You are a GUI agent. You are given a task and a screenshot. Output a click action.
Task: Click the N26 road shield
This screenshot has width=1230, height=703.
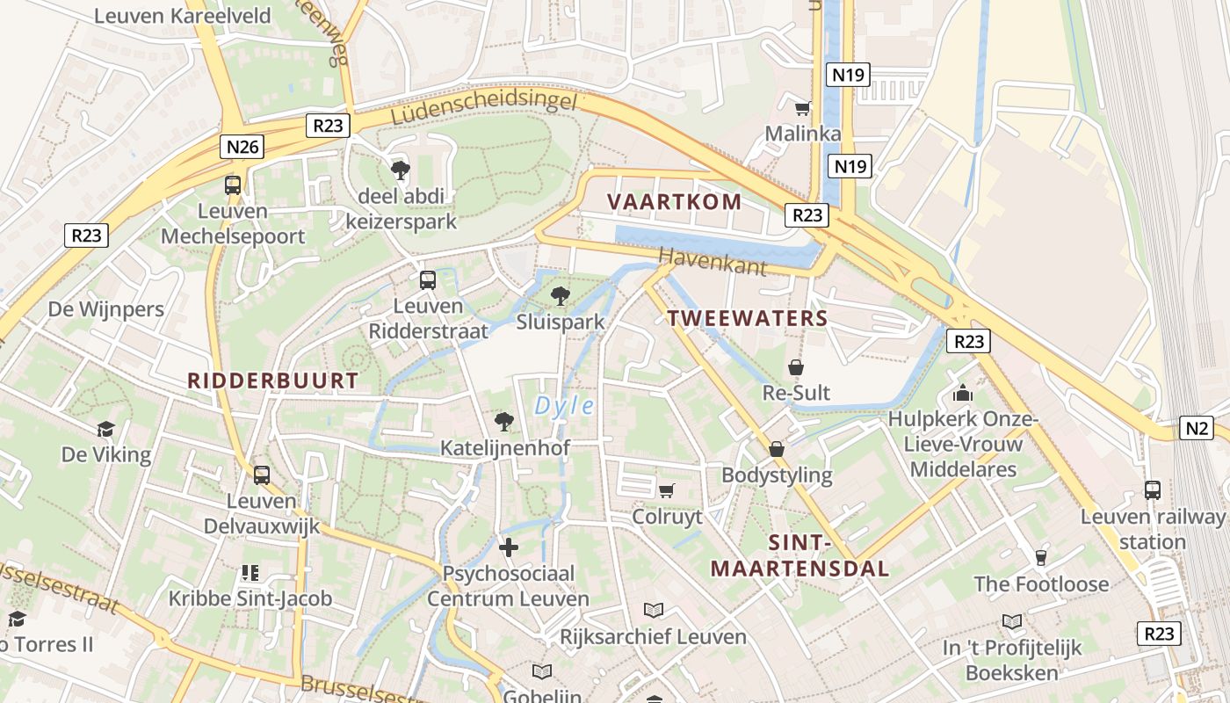(242, 147)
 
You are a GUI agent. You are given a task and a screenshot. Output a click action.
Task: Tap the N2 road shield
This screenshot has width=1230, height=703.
(1196, 428)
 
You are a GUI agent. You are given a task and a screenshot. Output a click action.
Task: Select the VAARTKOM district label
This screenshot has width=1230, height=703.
(674, 201)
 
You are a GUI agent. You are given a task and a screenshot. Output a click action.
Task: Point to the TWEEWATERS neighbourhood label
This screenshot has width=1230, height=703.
(748, 318)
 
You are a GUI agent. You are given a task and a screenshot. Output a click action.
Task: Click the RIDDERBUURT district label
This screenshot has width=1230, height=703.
(273, 380)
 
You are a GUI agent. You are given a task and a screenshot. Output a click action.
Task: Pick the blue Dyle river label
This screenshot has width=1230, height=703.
(564, 406)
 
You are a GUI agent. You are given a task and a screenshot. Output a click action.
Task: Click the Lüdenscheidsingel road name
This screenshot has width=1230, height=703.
(484, 108)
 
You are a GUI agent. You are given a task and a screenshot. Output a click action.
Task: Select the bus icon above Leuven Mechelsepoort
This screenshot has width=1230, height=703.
(233, 185)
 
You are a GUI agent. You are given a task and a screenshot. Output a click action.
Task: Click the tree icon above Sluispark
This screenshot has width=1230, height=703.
(560, 296)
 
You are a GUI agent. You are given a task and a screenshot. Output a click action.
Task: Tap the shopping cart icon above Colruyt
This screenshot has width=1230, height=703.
(667, 490)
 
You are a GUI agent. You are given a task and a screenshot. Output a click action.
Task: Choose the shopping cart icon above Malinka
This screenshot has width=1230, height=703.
(802, 109)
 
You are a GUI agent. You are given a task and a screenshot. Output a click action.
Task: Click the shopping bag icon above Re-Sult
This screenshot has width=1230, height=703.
(796, 367)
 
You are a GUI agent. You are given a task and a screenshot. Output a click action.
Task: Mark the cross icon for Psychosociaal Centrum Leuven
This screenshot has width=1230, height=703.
(508, 547)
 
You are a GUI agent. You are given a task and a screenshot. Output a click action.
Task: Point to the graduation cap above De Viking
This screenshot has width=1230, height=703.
(106, 429)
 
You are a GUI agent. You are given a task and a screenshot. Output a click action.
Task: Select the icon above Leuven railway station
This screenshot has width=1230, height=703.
(1152, 490)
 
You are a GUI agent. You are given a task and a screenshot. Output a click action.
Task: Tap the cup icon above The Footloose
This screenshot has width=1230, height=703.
(1041, 557)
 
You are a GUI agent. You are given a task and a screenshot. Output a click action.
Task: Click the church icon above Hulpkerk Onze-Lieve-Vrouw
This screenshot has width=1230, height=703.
(963, 393)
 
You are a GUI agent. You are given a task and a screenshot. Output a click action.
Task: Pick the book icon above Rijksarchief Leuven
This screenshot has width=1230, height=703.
(654, 610)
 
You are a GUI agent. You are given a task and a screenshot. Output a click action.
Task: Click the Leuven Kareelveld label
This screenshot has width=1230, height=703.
(182, 15)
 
